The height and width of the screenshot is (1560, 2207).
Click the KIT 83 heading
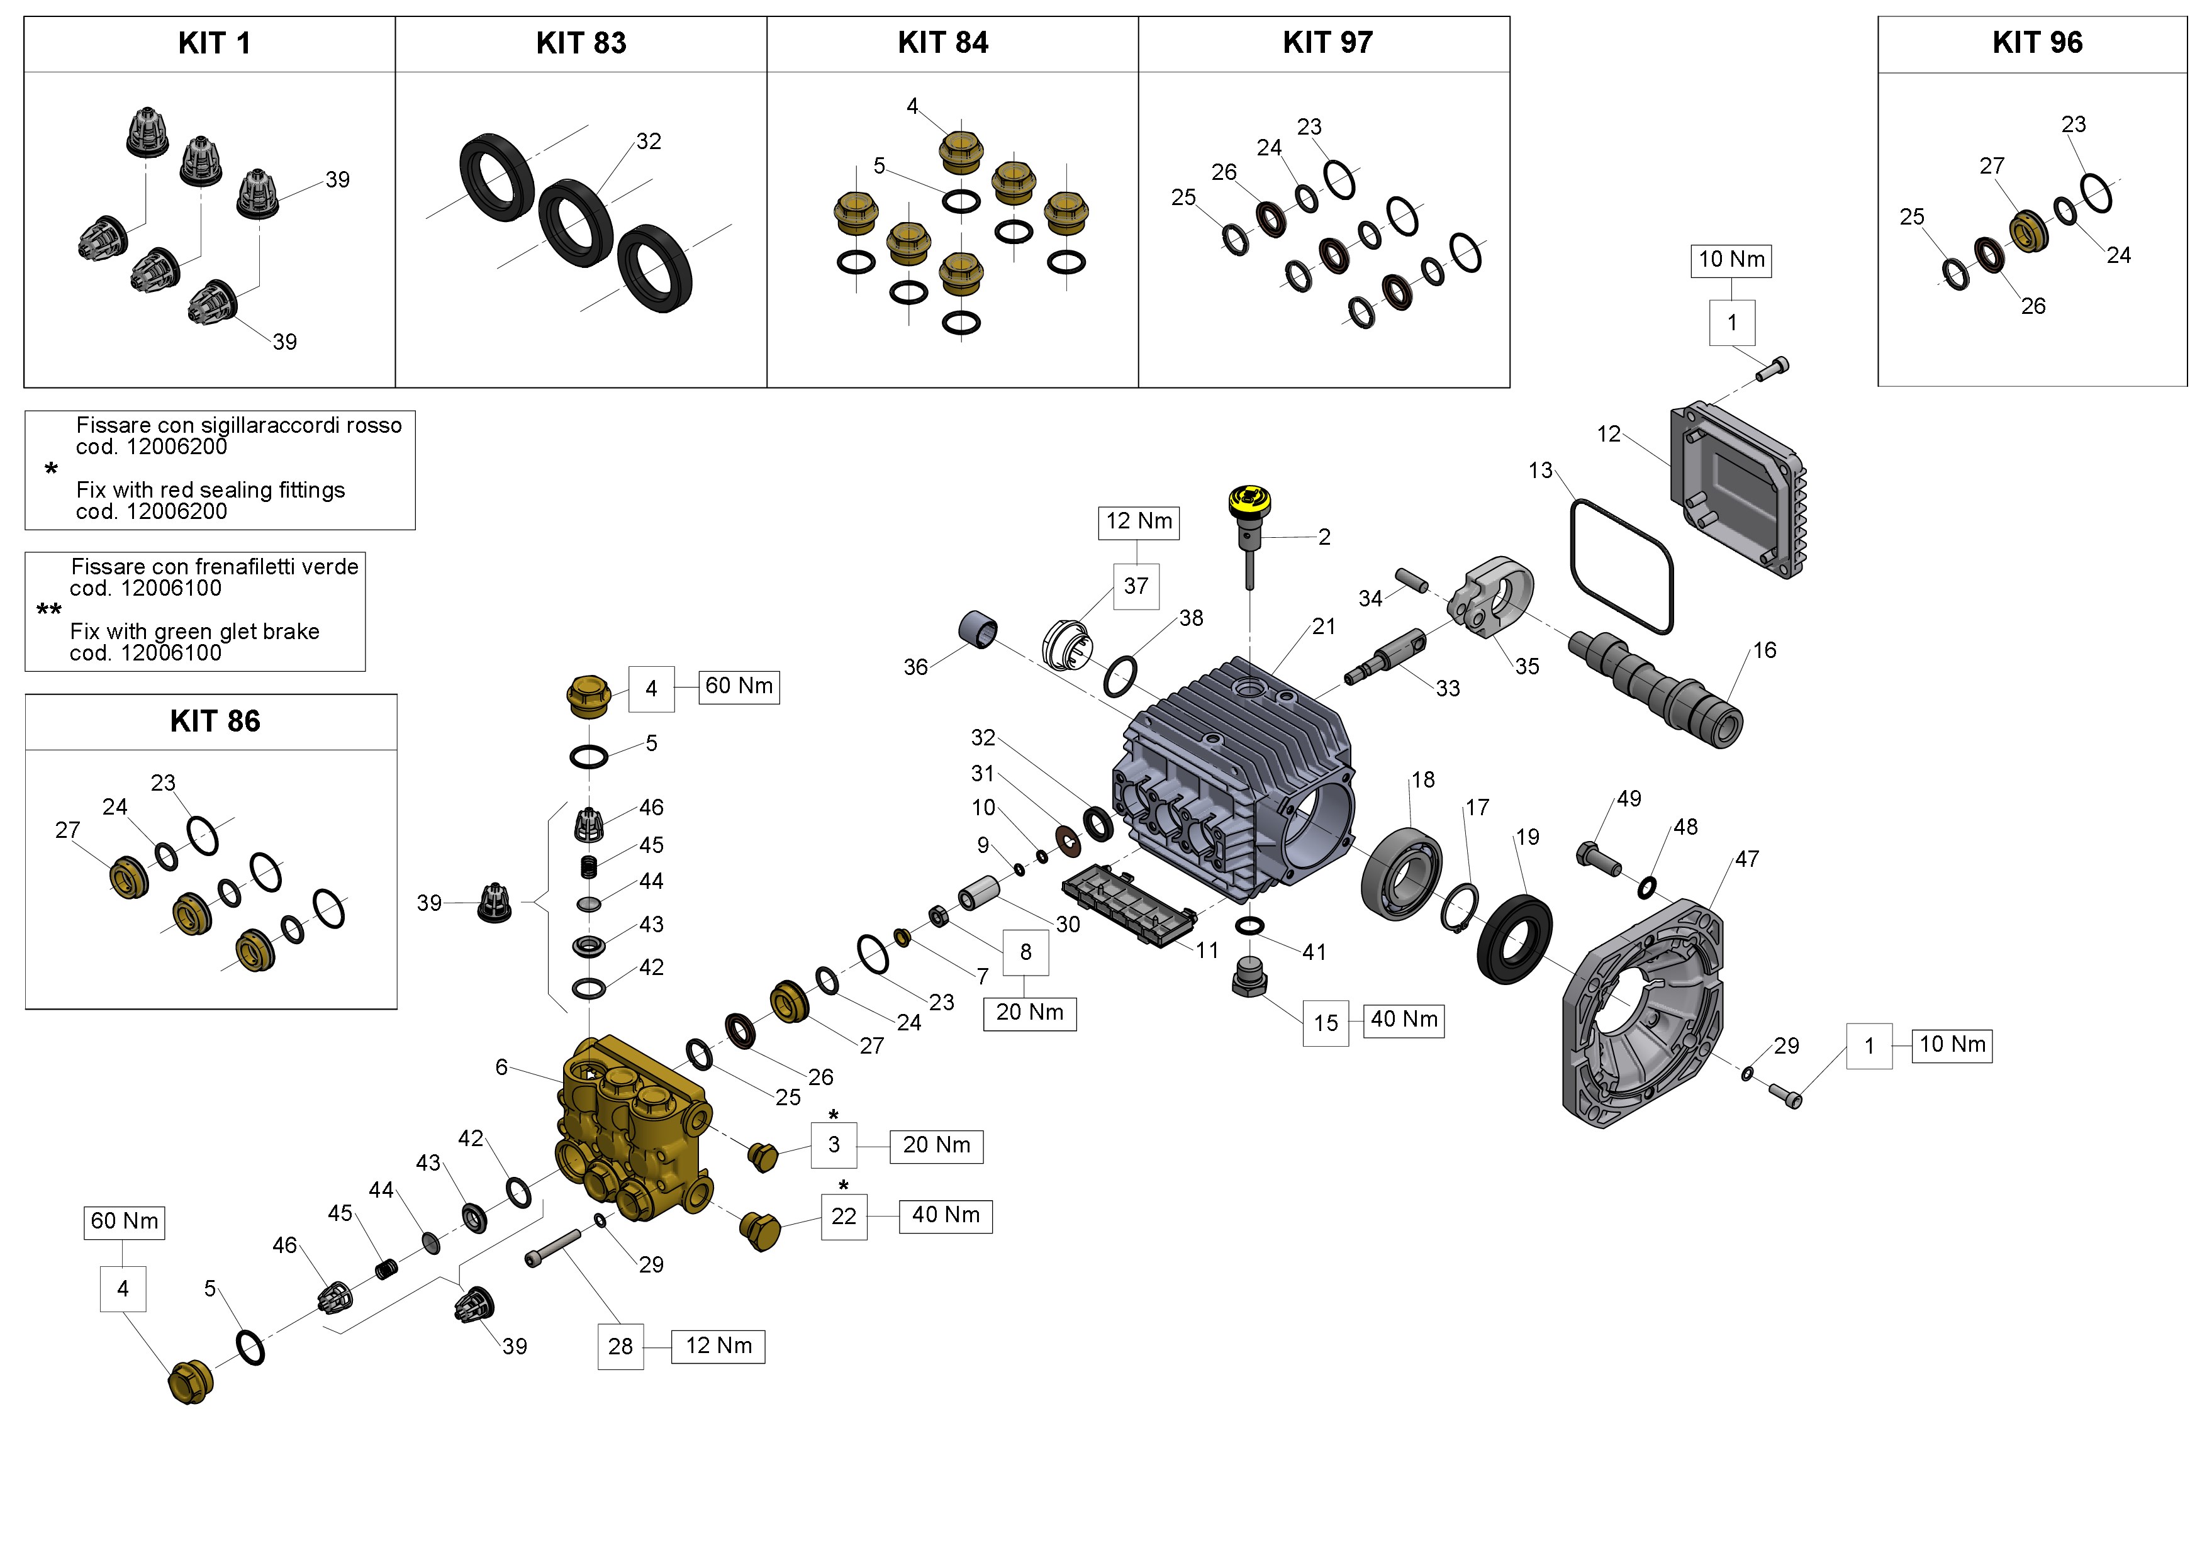(x=581, y=43)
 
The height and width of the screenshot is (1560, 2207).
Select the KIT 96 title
(x=2036, y=43)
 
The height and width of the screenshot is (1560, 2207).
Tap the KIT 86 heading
(x=215, y=721)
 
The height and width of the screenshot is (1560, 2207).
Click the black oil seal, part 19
(x=1514, y=939)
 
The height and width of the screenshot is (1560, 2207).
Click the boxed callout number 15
(x=1326, y=1023)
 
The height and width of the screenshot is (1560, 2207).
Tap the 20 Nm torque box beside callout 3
(x=936, y=1145)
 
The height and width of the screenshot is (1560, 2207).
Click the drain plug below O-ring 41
(x=1249, y=978)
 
